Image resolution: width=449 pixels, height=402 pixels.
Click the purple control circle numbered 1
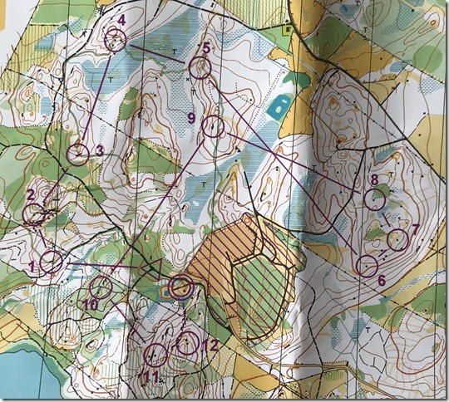[x=52, y=262]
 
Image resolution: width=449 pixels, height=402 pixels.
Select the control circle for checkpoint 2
[x=36, y=215]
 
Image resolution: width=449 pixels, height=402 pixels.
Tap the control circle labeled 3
[x=78, y=154]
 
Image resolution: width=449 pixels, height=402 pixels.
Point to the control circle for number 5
[x=200, y=68]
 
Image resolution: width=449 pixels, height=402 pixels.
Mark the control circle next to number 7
[x=398, y=240]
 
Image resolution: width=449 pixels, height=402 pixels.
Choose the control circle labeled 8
[x=376, y=199]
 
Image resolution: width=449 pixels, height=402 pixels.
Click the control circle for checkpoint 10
[x=101, y=287]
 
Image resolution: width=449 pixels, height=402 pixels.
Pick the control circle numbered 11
[x=155, y=355]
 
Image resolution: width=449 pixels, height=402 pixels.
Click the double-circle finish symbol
[x=181, y=287]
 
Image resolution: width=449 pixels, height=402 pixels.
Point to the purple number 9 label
[x=190, y=119]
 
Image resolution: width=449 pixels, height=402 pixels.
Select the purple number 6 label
[x=382, y=281]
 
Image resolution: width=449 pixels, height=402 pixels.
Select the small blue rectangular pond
[x=281, y=106]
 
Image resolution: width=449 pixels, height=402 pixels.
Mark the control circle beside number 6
[x=367, y=266]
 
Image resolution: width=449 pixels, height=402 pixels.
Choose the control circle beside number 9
[x=215, y=127]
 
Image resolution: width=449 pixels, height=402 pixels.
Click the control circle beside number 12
[x=189, y=342]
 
